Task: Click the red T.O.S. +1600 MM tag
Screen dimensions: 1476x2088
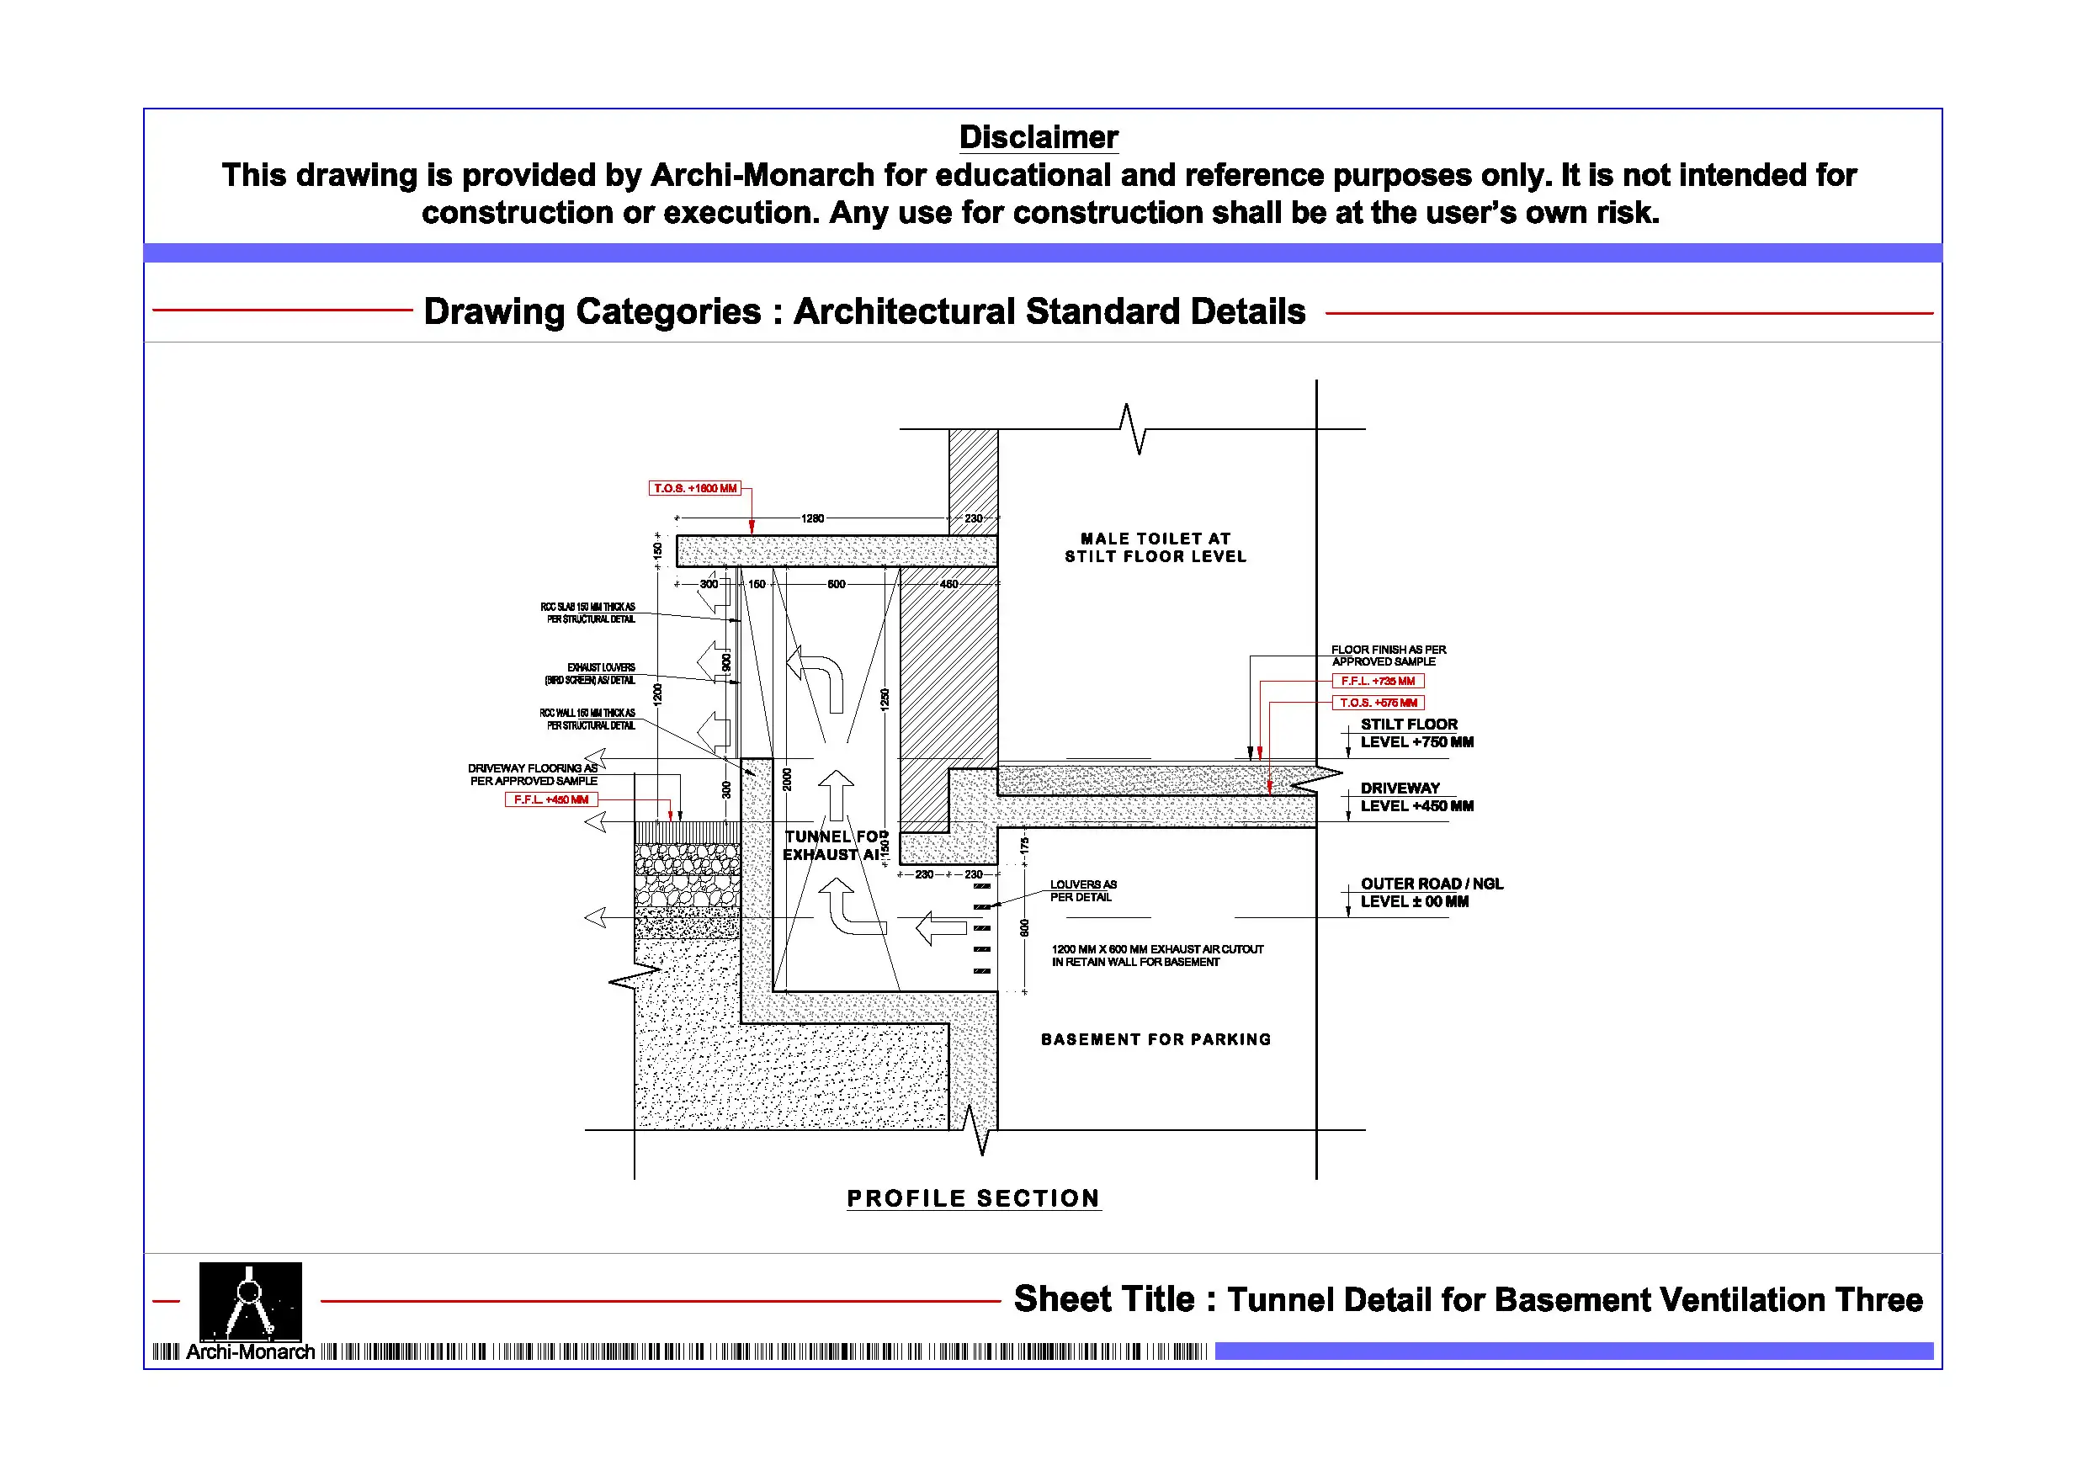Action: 695,488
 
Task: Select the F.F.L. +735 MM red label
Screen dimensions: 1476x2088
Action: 1378,681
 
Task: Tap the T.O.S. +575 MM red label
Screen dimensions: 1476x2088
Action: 1378,703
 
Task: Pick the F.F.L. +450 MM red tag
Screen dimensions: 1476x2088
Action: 551,800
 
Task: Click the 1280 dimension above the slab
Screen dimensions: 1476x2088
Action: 812,518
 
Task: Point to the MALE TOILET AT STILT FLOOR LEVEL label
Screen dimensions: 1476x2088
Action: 1155,548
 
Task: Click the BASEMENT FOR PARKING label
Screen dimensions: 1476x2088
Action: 1156,1039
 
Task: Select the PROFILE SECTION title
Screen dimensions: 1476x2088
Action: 973,1198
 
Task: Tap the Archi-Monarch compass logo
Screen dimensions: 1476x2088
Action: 250,1302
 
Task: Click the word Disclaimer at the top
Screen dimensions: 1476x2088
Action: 1039,137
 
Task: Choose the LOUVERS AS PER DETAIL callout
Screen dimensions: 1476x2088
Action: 1082,891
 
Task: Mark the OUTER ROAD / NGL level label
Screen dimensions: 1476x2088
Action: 1431,893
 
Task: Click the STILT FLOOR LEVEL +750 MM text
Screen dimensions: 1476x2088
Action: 1416,734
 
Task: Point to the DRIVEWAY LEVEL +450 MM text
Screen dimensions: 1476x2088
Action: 1416,798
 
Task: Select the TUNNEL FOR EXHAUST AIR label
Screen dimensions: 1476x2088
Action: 835,846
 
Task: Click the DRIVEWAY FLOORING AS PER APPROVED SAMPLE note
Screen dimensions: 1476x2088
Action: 533,775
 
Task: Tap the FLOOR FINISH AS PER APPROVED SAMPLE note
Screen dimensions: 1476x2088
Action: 1388,656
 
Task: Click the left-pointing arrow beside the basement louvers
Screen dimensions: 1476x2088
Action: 940,928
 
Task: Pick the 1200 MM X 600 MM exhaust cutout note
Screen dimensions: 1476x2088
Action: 1156,956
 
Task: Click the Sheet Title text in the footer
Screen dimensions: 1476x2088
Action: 1467,1299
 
